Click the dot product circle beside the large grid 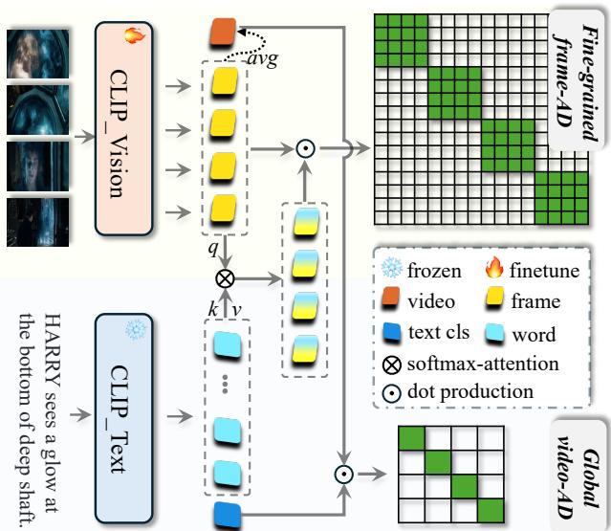tap(305, 148)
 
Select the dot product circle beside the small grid tap(343, 474)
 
